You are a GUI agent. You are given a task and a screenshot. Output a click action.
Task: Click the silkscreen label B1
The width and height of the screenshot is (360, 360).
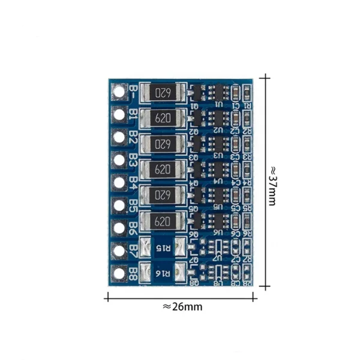click(133, 115)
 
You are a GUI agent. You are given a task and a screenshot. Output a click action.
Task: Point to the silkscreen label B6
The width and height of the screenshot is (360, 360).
click(133, 227)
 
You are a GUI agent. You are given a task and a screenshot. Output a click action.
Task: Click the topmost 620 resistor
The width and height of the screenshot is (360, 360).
click(161, 93)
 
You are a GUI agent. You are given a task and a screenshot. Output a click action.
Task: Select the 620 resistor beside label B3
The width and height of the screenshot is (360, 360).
click(161, 170)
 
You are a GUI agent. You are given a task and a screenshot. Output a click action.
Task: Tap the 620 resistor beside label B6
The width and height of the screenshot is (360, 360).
click(161, 221)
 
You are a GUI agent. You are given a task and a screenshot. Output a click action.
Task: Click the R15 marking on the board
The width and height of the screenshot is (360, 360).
click(163, 247)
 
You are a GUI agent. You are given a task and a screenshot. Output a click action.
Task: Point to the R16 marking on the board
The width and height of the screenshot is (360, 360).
click(163, 273)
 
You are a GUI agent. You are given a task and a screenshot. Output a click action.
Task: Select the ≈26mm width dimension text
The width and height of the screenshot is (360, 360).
click(182, 307)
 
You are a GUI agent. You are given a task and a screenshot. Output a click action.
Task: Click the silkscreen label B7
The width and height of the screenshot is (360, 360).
click(133, 250)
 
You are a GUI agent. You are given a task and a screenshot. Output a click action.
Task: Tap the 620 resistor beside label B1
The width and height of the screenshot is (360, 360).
click(161, 118)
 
